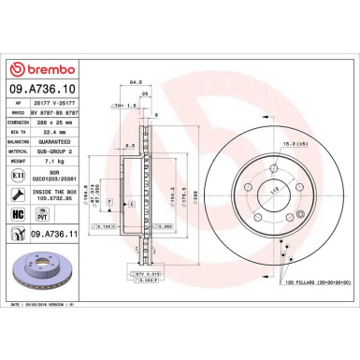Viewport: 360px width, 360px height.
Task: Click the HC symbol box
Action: pos(19,215)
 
